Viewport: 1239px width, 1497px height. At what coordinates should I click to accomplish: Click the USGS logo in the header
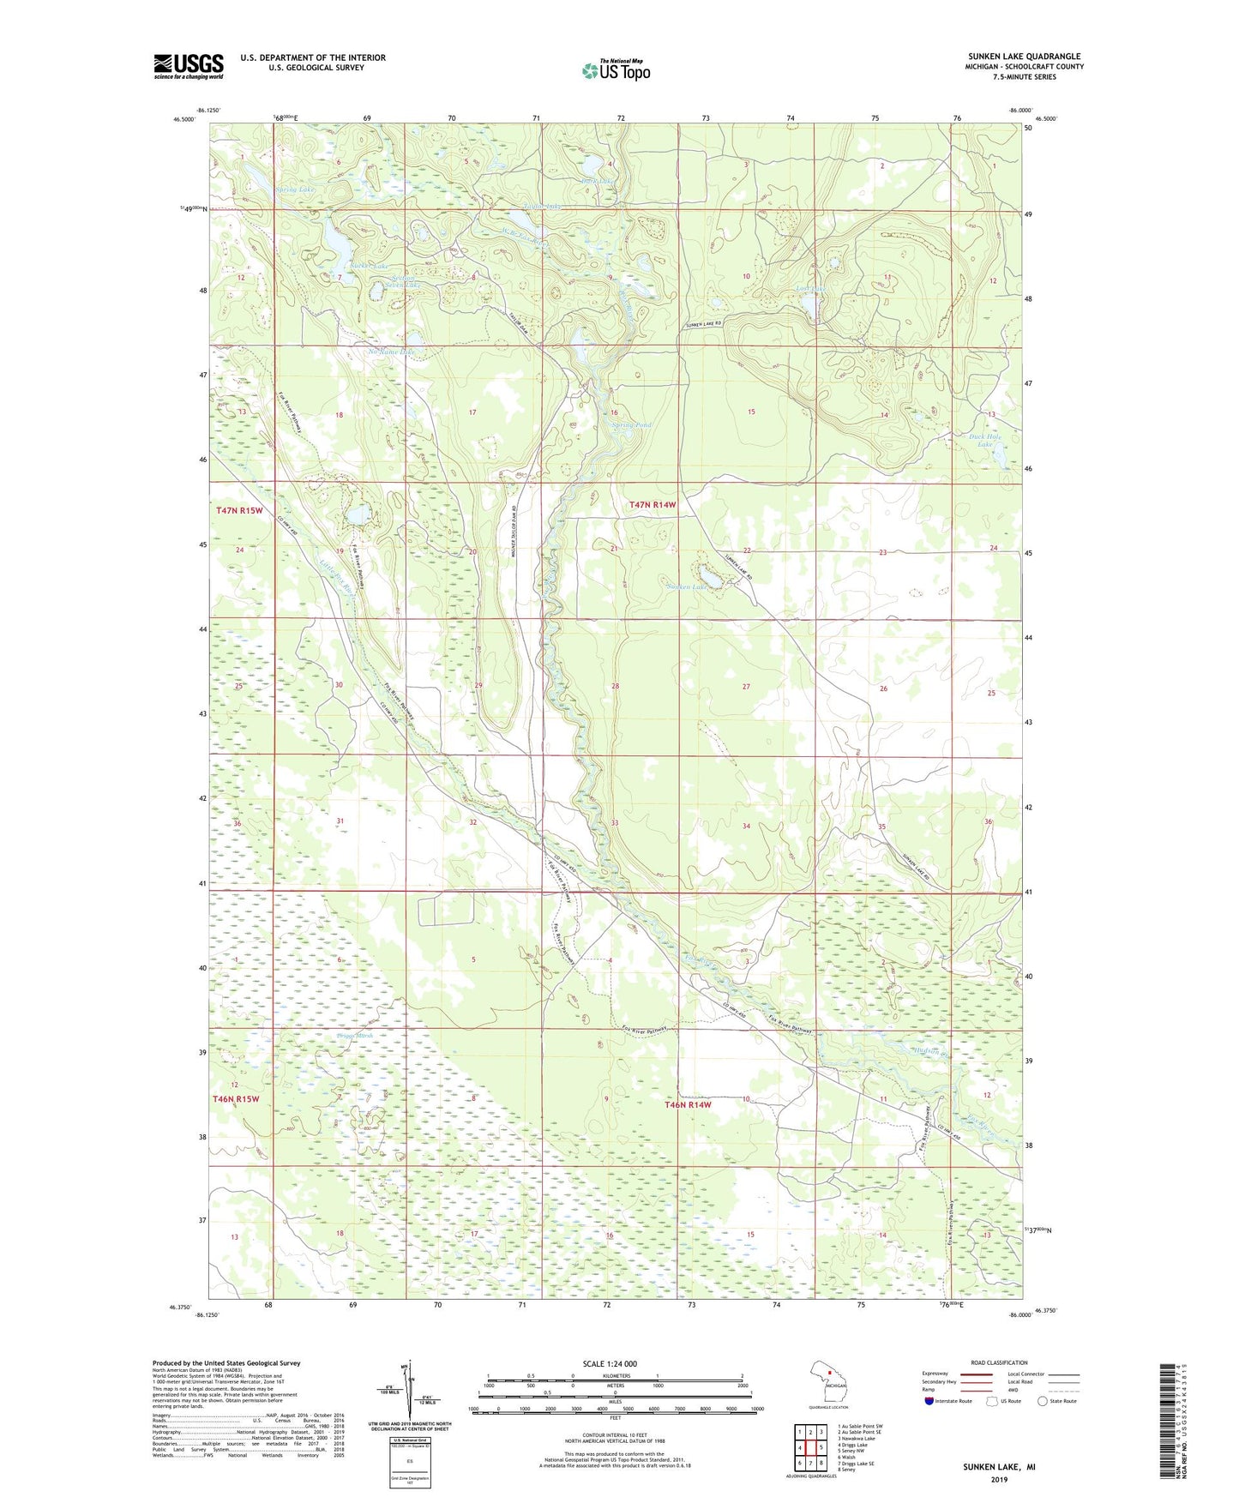(x=189, y=66)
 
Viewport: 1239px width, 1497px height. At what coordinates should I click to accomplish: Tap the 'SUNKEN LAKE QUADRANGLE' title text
(x=1024, y=57)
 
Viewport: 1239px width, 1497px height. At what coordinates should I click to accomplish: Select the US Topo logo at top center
(x=616, y=70)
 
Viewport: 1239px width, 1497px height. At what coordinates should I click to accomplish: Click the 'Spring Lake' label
(x=295, y=189)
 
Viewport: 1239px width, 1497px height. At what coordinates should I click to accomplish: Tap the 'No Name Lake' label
(x=391, y=352)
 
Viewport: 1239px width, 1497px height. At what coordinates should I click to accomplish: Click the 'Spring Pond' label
(x=631, y=425)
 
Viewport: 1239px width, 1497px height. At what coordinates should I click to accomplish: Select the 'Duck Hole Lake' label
(x=985, y=440)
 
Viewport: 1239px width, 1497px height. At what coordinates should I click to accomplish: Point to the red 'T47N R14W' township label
(x=653, y=506)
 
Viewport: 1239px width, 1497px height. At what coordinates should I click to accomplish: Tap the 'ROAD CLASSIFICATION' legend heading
(x=999, y=1362)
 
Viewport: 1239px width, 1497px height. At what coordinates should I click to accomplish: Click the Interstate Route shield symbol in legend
(x=929, y=1401)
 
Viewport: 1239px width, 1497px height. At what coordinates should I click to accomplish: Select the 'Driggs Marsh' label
(x=355, y=1037)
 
